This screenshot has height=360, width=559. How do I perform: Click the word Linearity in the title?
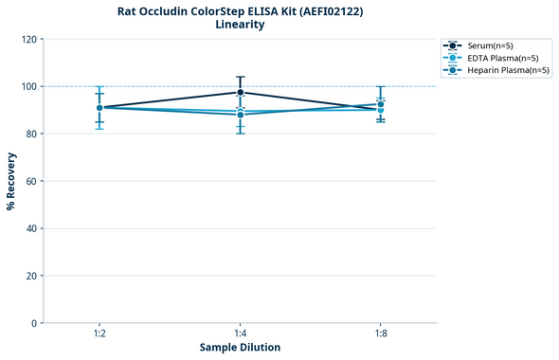[x=240, y=25]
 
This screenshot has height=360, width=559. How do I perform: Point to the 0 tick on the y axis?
[x=34, y=323]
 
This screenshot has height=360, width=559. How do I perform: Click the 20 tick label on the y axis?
[x=31, y=276]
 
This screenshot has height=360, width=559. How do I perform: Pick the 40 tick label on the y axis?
[x=31, y=228]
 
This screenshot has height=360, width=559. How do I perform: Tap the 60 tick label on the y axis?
[x=31, y=181]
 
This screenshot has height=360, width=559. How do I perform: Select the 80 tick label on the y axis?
[x=31, y=134]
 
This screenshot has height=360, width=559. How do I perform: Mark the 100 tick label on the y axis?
[x=28, y=86]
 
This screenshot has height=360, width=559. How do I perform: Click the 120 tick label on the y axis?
[x=28, y=39]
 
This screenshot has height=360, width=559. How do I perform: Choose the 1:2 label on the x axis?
[x=99, y=334]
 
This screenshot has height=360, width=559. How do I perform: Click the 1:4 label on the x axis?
[x=240, y=334]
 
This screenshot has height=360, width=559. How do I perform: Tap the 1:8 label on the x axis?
[x=380, y=334]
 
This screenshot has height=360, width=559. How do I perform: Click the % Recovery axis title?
[x=11, y=181]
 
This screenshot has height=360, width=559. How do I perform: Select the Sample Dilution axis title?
[x=240, y=348]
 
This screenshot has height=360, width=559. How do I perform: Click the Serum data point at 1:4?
[x=240, y=92]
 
